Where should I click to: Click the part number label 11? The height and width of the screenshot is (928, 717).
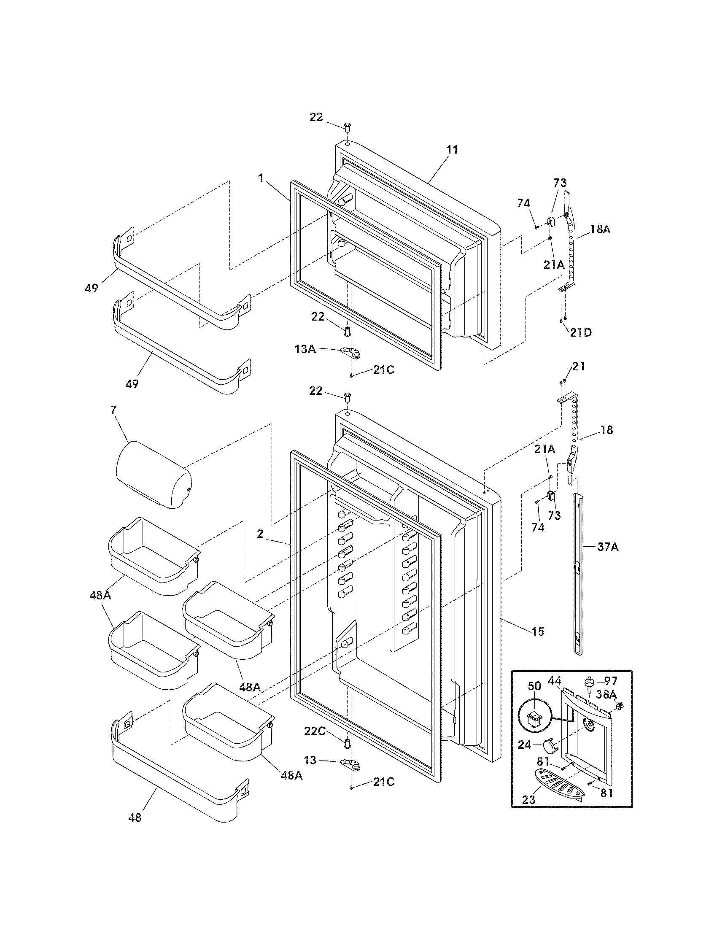[452, 150]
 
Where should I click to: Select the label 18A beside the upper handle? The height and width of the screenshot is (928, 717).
[600, 229]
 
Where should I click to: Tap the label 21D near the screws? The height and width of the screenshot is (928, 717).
[581, 332]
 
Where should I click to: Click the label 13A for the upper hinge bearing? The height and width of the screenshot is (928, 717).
[305, 349]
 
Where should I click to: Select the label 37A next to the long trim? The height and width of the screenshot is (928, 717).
[608, 547]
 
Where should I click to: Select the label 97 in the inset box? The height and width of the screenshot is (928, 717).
[610, 681]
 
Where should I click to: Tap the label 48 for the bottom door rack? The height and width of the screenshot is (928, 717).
[135, 817]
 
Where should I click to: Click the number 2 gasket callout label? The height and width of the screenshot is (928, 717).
[260, 534]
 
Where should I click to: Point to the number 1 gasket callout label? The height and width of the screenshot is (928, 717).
[260, 178]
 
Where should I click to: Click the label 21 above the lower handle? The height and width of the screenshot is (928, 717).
[578, 366]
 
